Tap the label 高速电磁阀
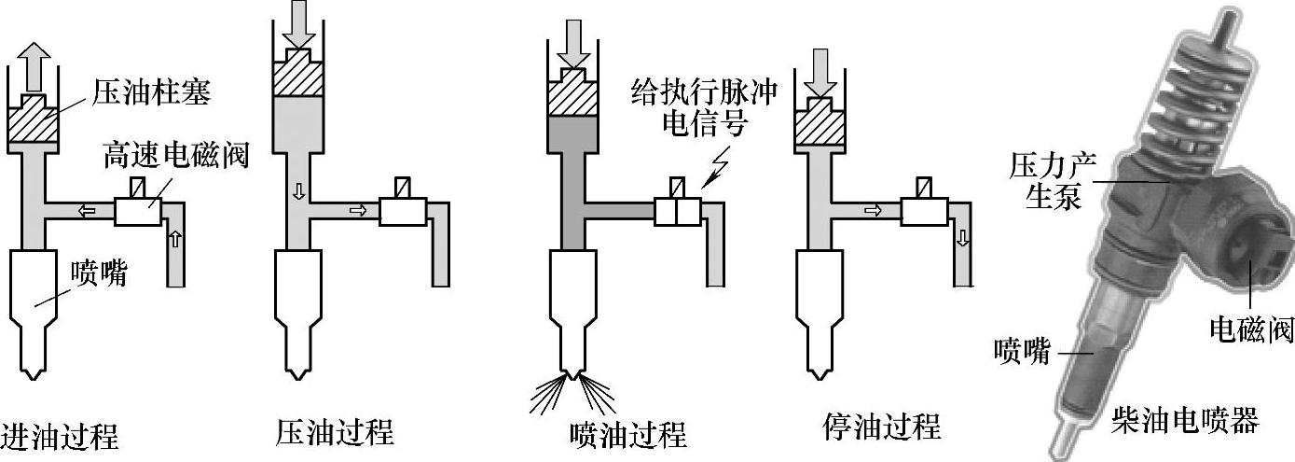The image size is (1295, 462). pos(176,154)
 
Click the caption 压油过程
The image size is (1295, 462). pos(335,432)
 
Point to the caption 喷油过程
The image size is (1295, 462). pos(627,434)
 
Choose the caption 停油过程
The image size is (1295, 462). pos(881,427)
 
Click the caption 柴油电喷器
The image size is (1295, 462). pos(1185,418)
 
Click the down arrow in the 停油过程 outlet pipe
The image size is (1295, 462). pos(963,240)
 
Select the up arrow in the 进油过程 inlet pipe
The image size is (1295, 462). pos(174,241)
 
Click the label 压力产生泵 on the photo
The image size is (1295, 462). pos(1053,181)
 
